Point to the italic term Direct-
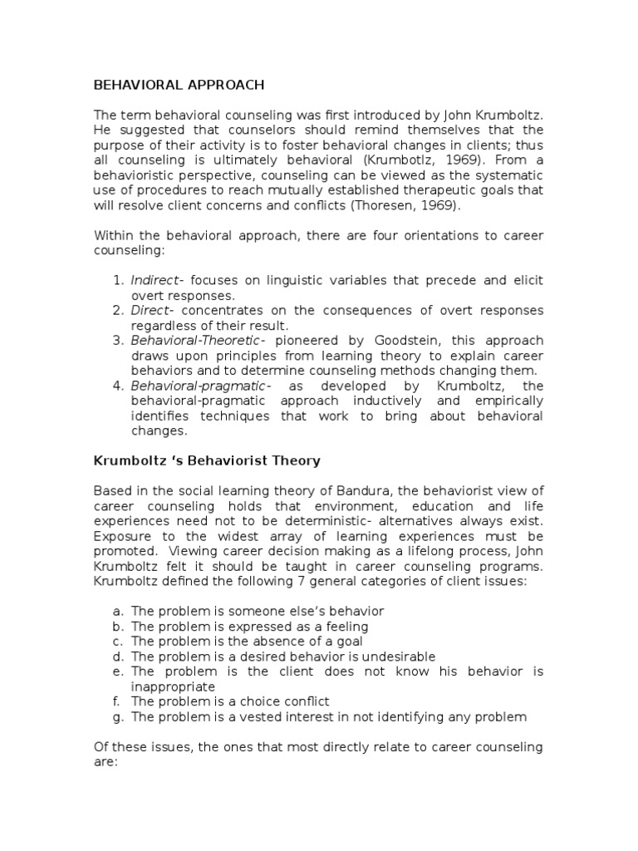point(150,310)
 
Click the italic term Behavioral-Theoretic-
point(199,340)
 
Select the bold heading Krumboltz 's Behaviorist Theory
point(206,460)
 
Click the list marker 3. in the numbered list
point(117,340)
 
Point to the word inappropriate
point(173,686)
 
